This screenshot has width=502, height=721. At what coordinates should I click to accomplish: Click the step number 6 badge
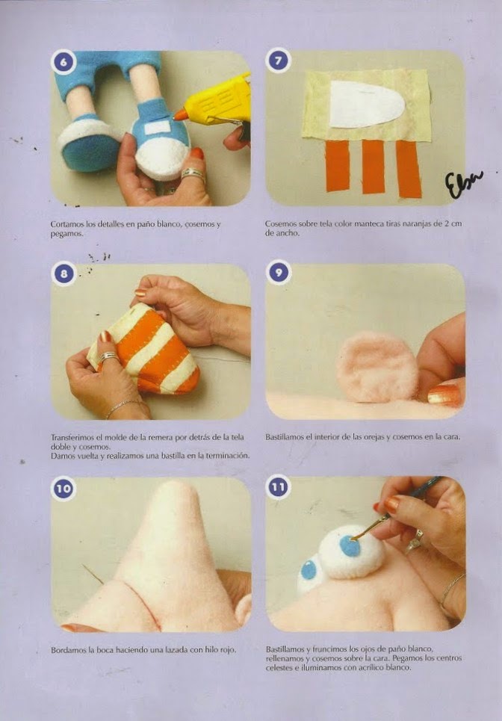pyautogui.click(x=63, y=61)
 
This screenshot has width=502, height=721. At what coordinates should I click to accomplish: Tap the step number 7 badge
pyautogui.click(x=278, y=61)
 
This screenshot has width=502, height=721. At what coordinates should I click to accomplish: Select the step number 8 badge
pyautogui.click(x=63, y=274)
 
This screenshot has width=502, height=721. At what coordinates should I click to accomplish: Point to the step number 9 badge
pyautogui.click(x=278, y=273)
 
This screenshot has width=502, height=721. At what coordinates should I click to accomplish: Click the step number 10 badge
pyautogui.click(x=63, y=489)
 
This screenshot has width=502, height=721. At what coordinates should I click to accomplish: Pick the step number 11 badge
pyautogui.click(x=278, y=487)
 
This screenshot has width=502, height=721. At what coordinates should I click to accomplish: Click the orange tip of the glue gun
pyautogui.click(x=181, y=114)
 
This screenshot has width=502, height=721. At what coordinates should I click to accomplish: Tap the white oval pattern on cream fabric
pyautogui.click(x=366, y=105)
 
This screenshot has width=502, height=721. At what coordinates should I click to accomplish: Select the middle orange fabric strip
pyautogui.click(x=374, y=167)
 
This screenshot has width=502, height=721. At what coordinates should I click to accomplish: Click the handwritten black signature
pyautogui.click(x=463, y=183)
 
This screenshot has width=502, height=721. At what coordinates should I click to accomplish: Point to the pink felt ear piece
pyautogui.click(x=377, y=367)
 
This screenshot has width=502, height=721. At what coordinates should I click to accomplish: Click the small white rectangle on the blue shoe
pyautogui.click(x=158, y=128)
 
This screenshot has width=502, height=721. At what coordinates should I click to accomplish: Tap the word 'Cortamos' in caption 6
pyautogui.click(x=67, y=224)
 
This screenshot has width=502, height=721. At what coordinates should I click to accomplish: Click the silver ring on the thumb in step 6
pyautogui.click(x=193, y=174)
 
